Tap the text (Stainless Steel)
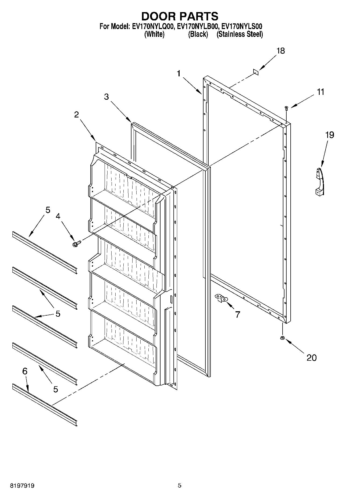click(240, 34)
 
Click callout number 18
click(280, 51)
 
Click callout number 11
click(320, 92)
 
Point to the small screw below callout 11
click(286, 108)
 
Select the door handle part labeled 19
click(320, 181)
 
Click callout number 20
click(311, 357)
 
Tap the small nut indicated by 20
click(282, 338)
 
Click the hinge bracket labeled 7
click(221, 298)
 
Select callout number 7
click(237, 314)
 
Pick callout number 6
click(25, 371)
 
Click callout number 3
click(106, 97)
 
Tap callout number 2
click(77, 115)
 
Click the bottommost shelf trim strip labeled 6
click(45, 405)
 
